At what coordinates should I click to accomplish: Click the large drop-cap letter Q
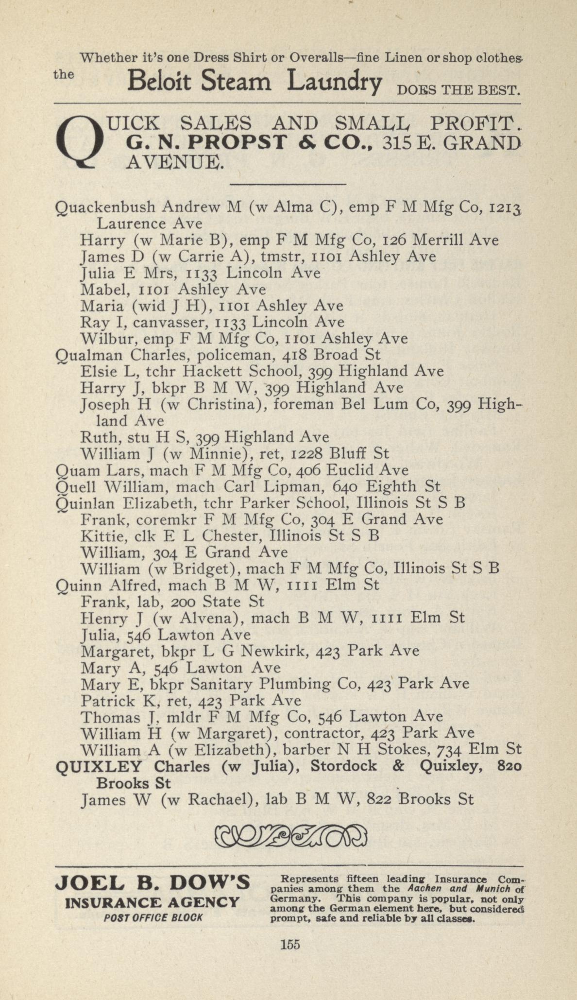tap(80, 141)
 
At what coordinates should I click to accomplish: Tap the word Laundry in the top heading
tap(334, 81)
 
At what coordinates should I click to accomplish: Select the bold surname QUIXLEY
tap(99, 766)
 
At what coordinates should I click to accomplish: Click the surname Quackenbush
tap(105, 208)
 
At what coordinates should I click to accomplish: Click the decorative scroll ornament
tap(290, 836)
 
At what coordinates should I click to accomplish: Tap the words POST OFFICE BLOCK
tap(153, 918)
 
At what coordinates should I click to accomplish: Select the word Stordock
tap(343, 766)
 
